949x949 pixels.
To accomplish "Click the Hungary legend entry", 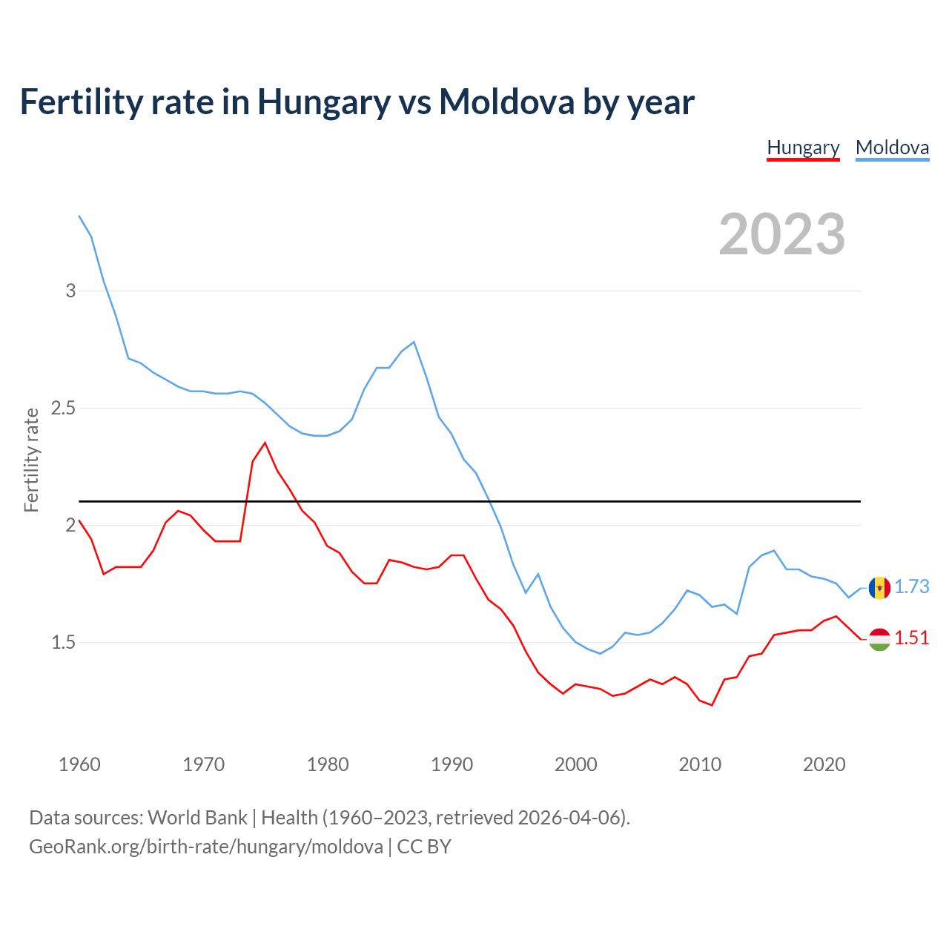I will click(x=803, y=148).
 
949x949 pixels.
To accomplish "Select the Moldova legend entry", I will click(x=892, y=148).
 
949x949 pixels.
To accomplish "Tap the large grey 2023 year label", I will click(x=782, y=234).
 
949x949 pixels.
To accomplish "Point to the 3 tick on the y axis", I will click(x=71, y=291).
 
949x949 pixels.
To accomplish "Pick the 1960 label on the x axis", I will click(x=79, y=764).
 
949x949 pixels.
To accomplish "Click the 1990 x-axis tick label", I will click(x=452, y=764).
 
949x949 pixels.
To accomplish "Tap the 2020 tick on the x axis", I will click(x=824, y=764).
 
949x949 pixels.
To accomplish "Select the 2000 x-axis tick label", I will click(x=575, y=764).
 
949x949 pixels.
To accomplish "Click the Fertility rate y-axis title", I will click(x=31, y=460).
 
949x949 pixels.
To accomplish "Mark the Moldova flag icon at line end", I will click(x=879, y=588).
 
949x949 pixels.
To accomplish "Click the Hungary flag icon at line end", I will click(x=879, y=639).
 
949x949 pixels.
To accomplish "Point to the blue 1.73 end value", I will click(x=911, y=586).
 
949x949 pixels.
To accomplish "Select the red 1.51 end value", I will click(x=911, y=638).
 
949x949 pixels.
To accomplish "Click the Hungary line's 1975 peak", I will click(x=265, y=443).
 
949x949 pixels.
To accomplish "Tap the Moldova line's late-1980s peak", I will click(x=414, y=343).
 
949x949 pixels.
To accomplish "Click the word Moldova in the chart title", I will click(x=506, y=102).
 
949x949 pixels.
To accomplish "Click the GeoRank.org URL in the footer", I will click(x=206, y=847).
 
